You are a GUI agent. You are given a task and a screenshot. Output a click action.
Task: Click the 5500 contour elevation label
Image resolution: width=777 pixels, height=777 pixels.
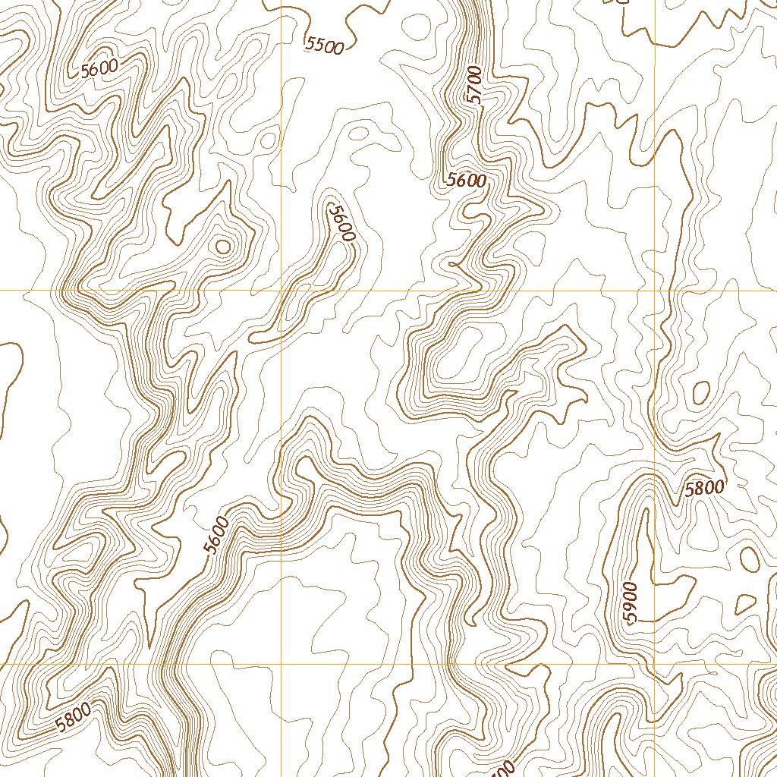pyautogui.click(x=324, y=46)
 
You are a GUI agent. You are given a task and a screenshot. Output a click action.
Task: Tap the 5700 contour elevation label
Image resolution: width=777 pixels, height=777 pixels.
pyautogui.click(x=474, y=85)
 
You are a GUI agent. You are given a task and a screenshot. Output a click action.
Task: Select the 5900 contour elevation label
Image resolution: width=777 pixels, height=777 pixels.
pyautogui.click(x=631, y=603)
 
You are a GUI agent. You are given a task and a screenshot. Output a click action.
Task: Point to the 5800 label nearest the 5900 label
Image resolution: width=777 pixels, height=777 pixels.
pyautogui.click(x=704, y=488)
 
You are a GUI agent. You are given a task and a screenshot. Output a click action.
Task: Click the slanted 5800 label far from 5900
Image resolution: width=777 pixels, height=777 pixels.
pyautogui.click(x=74, y=717)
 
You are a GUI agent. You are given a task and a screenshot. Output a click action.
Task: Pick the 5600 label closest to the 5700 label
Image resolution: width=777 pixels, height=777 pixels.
pyautogui.click(x=466, y=181)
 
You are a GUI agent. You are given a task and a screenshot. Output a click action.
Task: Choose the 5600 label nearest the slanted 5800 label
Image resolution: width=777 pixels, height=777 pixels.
pyautogui.click(x=216, y=535)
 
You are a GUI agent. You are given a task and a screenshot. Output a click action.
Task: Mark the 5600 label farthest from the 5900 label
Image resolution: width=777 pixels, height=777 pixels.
pyautogui.click(x=99, y=68)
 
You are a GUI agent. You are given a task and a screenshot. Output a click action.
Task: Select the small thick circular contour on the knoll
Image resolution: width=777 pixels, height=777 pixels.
pyautogui.click(x=222, y=246)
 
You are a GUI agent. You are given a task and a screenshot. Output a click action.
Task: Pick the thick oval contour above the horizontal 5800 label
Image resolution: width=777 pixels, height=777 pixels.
pyautogui.click(x=701, y=392)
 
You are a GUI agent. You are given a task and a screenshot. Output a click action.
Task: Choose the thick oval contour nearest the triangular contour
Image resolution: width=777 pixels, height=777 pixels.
pyautogui.click(x=749, y=559)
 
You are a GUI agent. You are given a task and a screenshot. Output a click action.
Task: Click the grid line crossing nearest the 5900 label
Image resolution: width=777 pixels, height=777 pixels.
pyautogui.click(x=654, y=665)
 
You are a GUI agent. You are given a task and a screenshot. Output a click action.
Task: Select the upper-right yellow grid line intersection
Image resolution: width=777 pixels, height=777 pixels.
pyautogui.click(x=654, y=291)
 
